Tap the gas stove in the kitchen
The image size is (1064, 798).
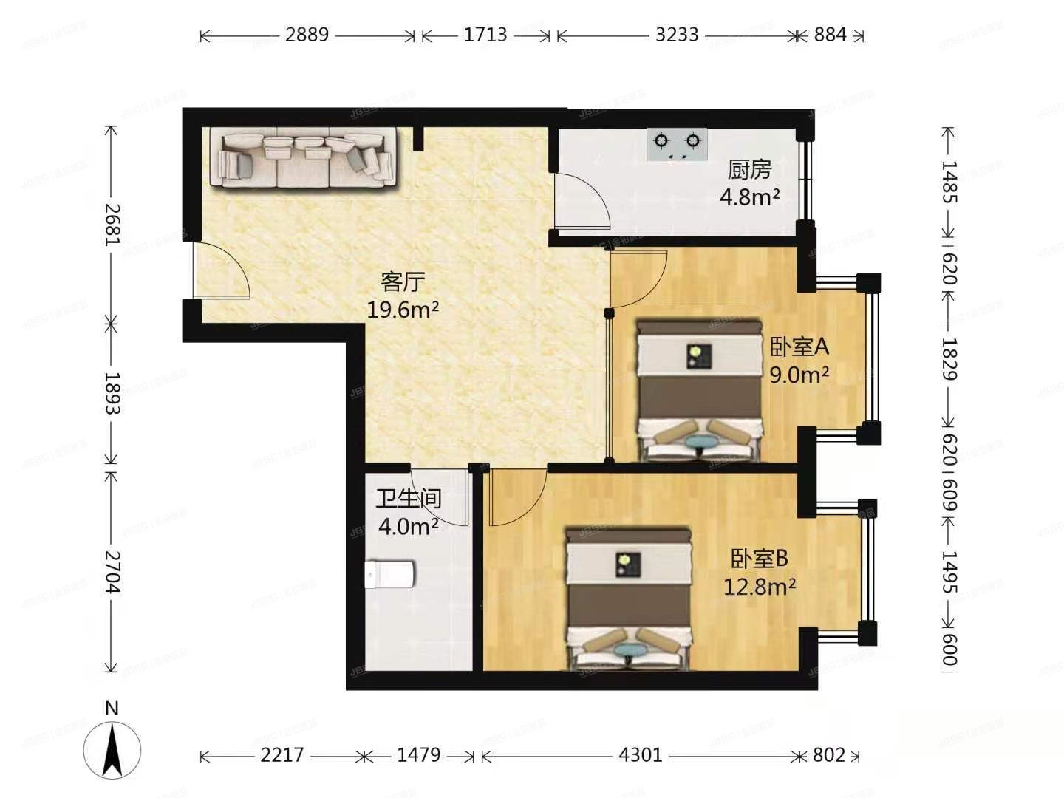(x=676, y=145)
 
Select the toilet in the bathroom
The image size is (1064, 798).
(x=389, y=573)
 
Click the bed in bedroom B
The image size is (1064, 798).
(x=628, y=598)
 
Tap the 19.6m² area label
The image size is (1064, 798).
(x=403, y=309)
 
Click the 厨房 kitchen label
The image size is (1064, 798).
(x=749, y=170)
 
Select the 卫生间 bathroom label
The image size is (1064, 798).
(x=408, y=499)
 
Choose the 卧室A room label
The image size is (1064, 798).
(x=799, y=346)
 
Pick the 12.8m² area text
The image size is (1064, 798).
(x=759, y=587)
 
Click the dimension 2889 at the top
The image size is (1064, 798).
(x=307, y=35)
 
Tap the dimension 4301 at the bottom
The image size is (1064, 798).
(x=641, y=755)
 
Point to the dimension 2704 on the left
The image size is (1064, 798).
(x=112, y=571)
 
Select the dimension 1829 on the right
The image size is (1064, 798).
(x=949, y=358)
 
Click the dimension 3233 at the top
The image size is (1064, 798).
(x=677, y=35)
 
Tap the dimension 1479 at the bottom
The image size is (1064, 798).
(x=418, y=755)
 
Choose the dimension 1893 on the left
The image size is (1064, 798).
(x=112, y=392)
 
